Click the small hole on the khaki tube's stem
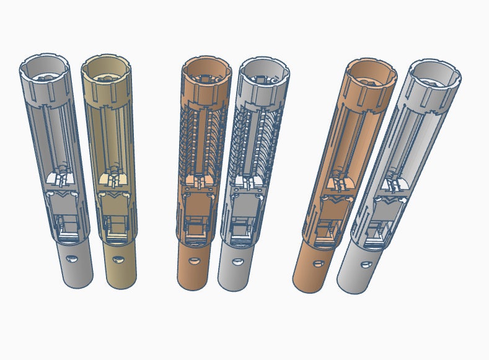(x=118, y=258)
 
